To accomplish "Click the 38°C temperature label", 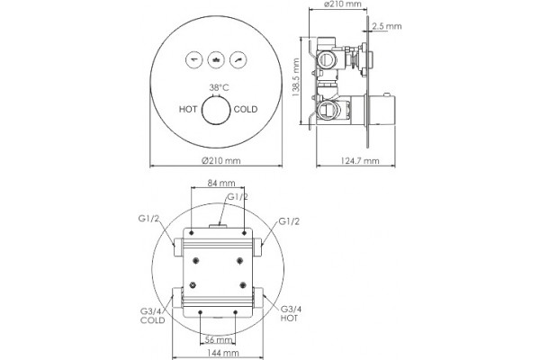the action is click(219, 87).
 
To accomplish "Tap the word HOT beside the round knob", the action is click(188, 110).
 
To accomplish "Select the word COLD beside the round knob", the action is click(246, 110).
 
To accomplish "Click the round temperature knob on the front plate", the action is click(216, 110).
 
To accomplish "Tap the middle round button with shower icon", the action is click(216, 60).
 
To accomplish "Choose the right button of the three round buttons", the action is click(238, 60).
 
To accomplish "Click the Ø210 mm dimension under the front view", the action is click(221, 160).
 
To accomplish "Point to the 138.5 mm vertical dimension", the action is click(296, 77).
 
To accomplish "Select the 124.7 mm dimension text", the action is click(360, 161).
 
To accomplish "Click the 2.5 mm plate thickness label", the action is click(387, 26).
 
